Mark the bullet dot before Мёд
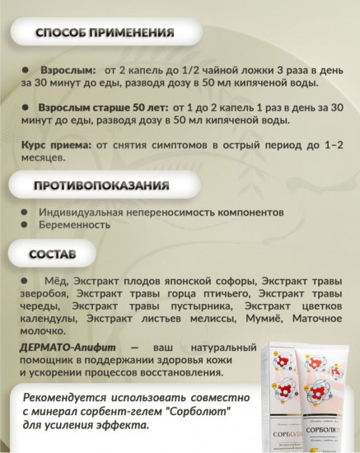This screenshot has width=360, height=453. pyautogui.click(x=26, y=281)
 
